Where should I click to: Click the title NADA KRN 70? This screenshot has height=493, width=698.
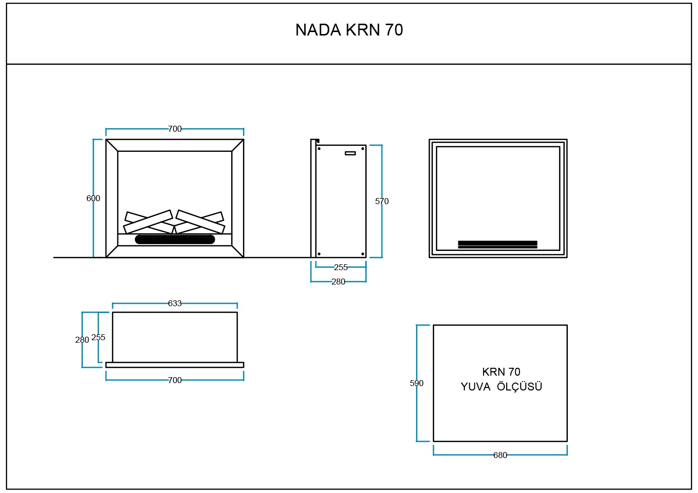pyautogui.click(x=349, y=30)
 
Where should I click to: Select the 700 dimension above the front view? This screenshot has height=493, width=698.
pyautogui.click(x=174, y=129)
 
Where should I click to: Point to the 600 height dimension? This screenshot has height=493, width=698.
pyautogui.click(x=93, y=198)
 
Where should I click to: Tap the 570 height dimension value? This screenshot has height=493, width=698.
pyautogui.click(x=382, y=201)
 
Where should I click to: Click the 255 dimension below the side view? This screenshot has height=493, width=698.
pyautogui.click(x=341, y=267)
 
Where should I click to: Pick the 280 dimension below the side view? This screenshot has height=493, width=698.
pyautogui.click(x=338, y=282)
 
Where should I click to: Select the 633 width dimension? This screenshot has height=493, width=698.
pyautogui.click(x=174, y=303)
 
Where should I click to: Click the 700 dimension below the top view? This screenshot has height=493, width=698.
pyautogui.click(x=174, y=380)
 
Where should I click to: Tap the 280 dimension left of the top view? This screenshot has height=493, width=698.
pyautogui.click(x=82, y=340)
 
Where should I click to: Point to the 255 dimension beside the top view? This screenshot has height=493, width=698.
pyautogui.click(x=99, y=337)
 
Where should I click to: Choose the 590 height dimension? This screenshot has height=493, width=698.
pyautogui.click(x=417, y=383)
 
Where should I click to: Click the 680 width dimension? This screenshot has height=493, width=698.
pyautogui.click(x=500, y=455)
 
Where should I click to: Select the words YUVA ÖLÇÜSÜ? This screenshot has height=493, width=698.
pyautogui.click(x=501, y=387)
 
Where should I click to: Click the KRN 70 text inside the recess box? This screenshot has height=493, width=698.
pyautogui.click(x=501, y=372)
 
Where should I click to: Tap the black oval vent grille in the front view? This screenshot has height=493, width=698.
pyautogui.click(x=175, y=240)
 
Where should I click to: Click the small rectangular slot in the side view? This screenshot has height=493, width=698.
pyautogui.click(x=350, y=153)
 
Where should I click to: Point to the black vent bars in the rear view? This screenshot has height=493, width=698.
pyautogui.click(x=497, y=244)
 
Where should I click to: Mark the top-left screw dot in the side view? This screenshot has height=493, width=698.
pyautogui.click(x=319, y=148)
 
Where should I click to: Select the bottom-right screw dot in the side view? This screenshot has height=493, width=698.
pyautogui.click(x=363, y=254)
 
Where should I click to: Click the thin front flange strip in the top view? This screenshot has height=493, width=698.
pyautogui.click(x=174, y=365)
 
